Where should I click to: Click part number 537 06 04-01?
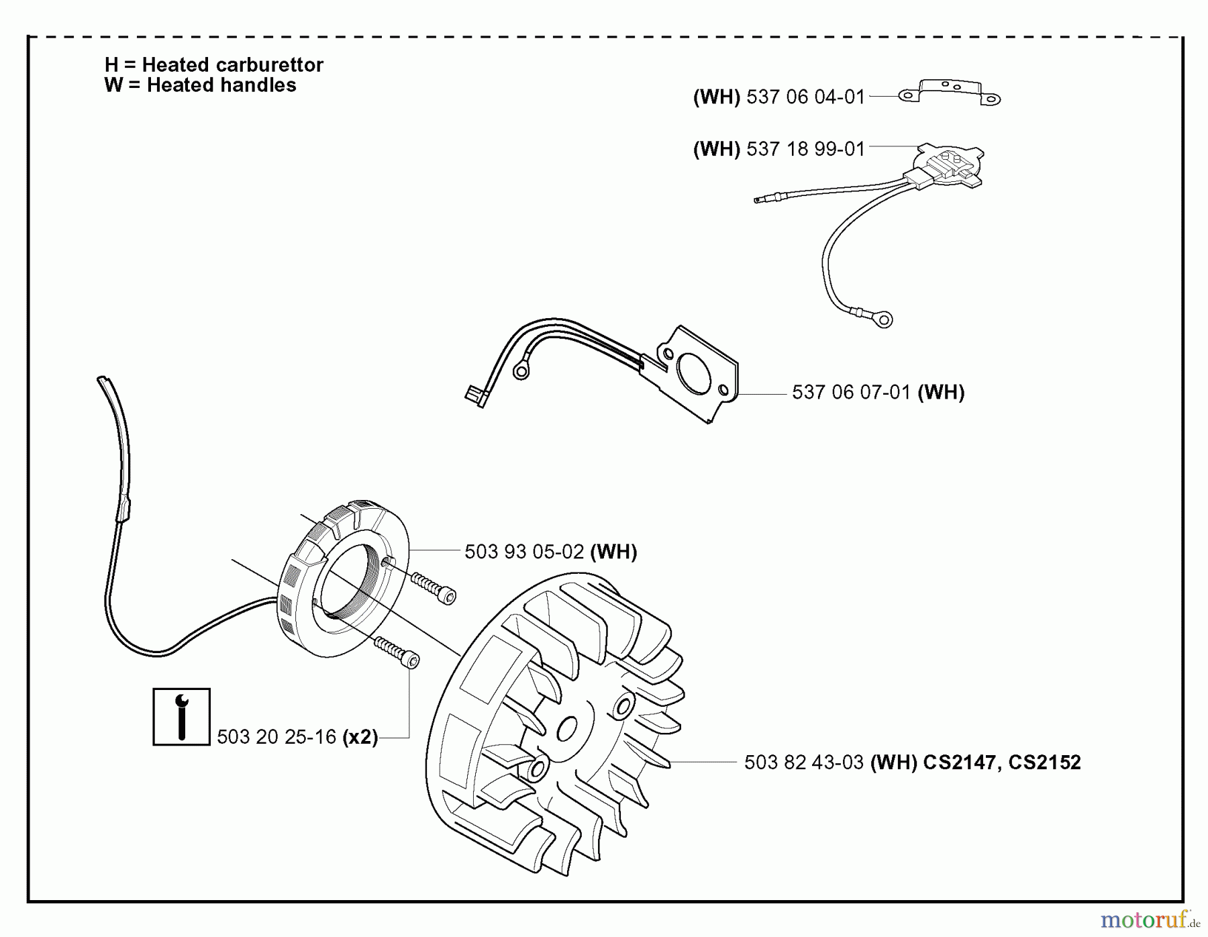[x=805, y=97]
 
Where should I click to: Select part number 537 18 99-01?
[x=805, y=148]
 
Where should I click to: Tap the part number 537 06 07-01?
[x=850, y=393]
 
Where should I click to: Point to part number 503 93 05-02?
[x=524, y=552]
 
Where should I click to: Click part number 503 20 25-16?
[x=276, y=737]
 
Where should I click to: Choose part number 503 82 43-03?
[x=803, y=762]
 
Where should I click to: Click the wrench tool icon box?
[x=181, y=717]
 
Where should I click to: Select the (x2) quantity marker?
[x=360, y=737]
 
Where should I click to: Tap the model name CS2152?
[x=1044, y=762]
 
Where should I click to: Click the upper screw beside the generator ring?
[x=434, y=588]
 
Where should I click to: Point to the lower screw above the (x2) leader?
[x=397, y=652]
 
